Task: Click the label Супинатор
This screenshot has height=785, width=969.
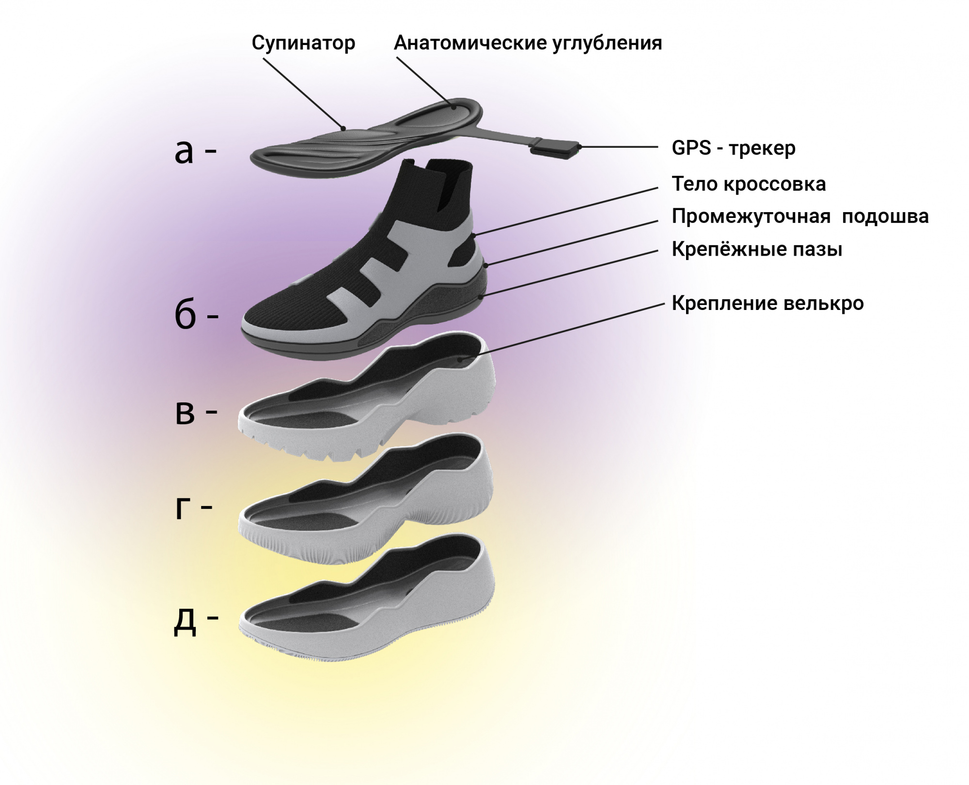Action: tap(303, 44)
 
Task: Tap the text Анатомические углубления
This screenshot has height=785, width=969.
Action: tap(528, 44)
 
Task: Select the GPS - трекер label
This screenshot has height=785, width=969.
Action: tap(734, 148)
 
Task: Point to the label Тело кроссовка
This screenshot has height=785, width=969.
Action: tap(749, 185)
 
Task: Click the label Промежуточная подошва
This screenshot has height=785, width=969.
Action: tap(800, 216)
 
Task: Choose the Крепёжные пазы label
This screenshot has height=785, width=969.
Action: tap(757, 249)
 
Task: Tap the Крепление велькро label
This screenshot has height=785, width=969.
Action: tap(767, 303)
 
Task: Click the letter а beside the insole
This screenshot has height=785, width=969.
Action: tap(184, 153)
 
